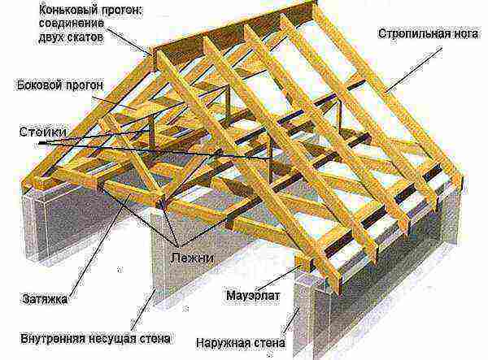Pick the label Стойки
43,132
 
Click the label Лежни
192,258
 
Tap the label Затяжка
45,299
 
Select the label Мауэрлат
253,295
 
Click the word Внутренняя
53,338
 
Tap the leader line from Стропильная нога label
413,70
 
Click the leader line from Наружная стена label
291,321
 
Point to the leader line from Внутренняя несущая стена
143,310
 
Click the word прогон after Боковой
83,85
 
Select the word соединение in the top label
72,24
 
